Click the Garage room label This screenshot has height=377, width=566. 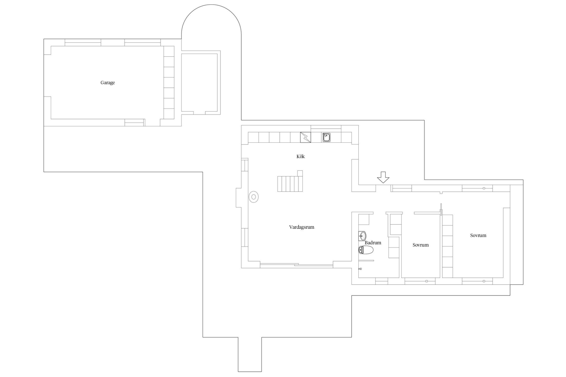tap(108, 83)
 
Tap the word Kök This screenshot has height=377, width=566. tap(301, 156)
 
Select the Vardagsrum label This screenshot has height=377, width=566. tap(302, 227)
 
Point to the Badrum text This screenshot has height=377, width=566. tap(373, 243)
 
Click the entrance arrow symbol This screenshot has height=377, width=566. tap(383, 177)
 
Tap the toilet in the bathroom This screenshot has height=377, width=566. tap(366, 250)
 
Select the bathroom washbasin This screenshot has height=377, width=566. tap(362, 236)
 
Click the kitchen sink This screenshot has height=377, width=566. tap(327, 137)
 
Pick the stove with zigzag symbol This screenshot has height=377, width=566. tap(305, 137)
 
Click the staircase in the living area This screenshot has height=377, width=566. tap(290, 184)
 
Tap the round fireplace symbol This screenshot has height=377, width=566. tap(254, 197)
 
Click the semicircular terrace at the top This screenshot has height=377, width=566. tap(211, 5)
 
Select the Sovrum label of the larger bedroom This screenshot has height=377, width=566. tap(478, 235)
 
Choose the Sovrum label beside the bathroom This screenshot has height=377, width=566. tap(421, 245)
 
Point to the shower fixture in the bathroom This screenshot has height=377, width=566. tap(360, 269)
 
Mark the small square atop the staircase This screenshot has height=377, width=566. tap(300, 173)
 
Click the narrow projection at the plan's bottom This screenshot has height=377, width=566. tap(250, 354)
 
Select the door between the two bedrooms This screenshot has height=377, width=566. tap(441, 209)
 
